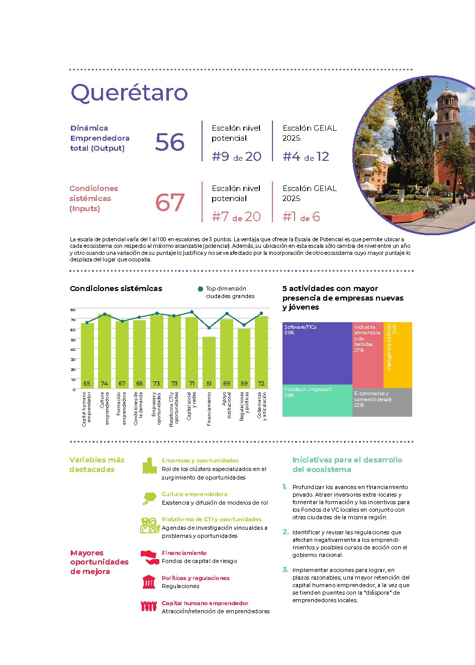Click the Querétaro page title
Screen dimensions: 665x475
click(129, 92)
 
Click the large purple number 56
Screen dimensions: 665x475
click(170, 142)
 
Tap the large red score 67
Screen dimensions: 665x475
click(170, 203)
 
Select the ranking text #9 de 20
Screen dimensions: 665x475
click(236, 156)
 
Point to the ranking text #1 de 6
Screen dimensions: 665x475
click(301, 217)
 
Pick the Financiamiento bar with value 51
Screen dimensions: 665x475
click(209, 362)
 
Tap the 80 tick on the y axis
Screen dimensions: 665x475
click(73, 310)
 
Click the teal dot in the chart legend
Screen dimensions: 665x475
click(201, 289)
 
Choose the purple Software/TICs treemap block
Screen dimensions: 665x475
click(317, 353)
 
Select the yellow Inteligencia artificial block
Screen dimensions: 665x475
click(398, 354)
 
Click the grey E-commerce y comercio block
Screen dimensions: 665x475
click(382, 402)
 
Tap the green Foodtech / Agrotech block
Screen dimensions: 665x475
click(317, 401)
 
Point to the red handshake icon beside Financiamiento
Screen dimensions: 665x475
click(149, 556)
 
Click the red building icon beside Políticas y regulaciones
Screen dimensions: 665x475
click(149, 582)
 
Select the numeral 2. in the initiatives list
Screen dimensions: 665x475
click(286, 532)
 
